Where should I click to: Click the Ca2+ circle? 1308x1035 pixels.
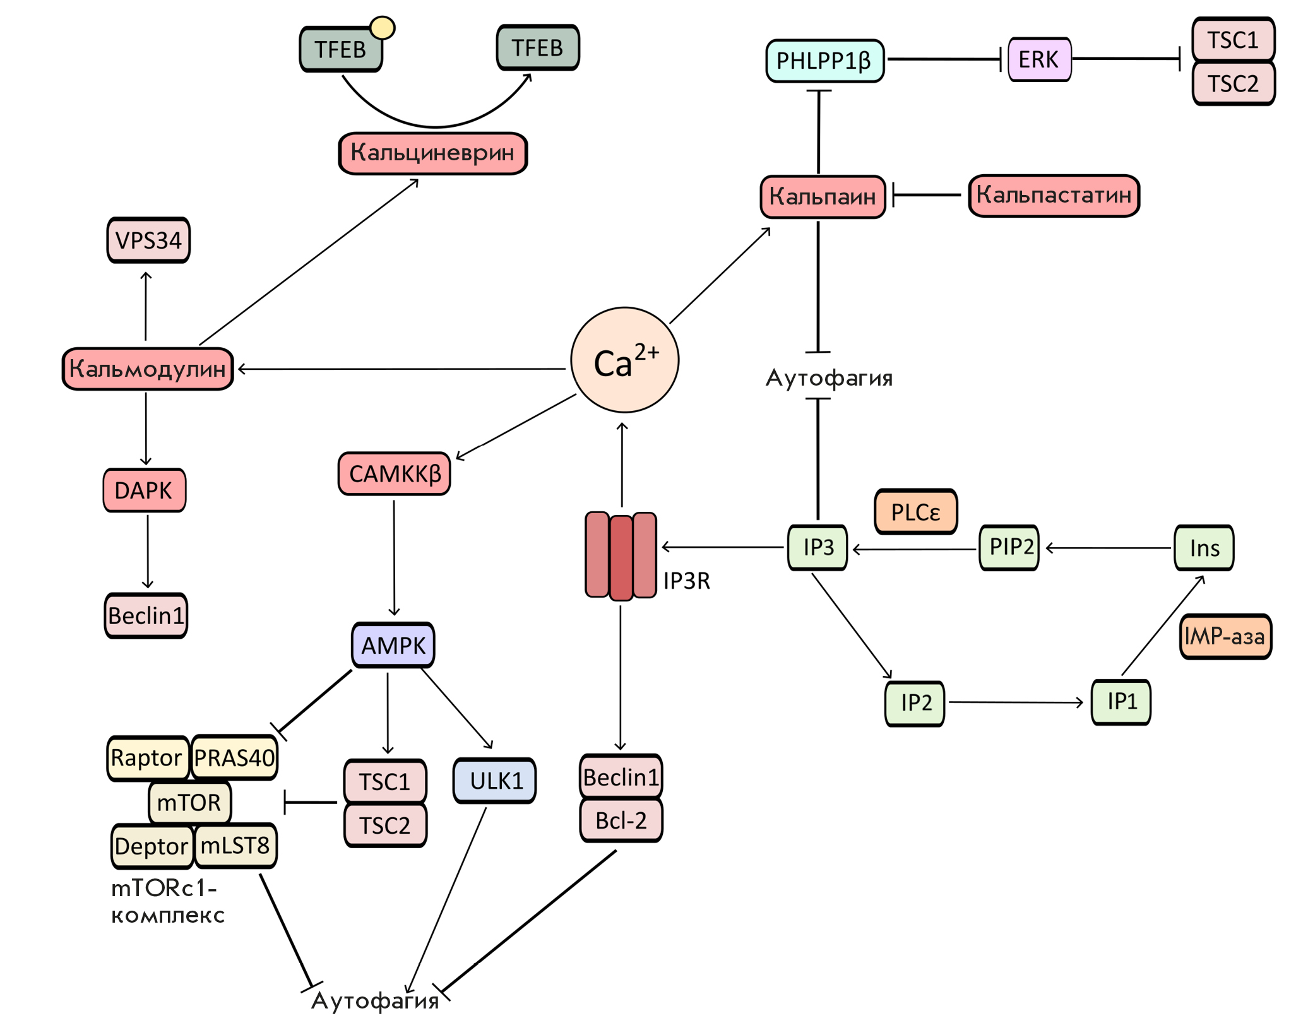(624, 360)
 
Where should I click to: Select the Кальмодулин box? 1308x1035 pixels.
(148, 369)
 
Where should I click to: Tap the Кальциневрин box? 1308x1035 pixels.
(433, 153)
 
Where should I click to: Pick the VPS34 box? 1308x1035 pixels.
(148, 240)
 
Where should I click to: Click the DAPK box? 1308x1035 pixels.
(145, 490)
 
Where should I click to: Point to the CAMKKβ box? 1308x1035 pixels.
(395, 473)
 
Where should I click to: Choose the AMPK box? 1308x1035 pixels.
(393, 645)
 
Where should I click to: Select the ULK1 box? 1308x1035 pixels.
(495, 781)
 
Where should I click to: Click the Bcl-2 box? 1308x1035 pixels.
(621, 820)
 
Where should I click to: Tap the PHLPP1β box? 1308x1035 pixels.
(824, 61)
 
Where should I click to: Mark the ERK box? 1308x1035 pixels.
(1039, 59)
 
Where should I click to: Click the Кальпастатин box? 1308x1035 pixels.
(1054, 196)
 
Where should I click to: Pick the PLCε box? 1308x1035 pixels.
(916, 512)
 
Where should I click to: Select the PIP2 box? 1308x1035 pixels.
(1009, 547)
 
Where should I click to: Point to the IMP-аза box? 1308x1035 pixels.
(1225, 636)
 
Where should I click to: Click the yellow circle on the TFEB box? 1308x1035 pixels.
(382, 28)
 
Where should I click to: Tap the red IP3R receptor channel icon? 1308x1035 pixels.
(621, 555)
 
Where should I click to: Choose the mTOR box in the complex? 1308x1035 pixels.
(189, 802)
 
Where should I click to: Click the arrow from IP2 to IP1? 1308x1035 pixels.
(1016, 702)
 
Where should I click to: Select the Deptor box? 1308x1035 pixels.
(152, 846)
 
